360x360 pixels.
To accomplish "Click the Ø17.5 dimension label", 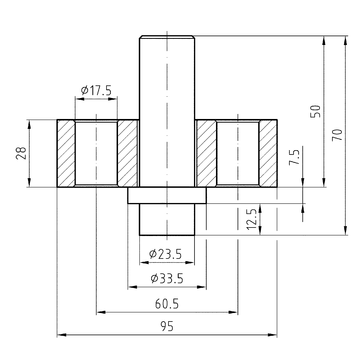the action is click(96, 90).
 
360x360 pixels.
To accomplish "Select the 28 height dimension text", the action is click(21, 153).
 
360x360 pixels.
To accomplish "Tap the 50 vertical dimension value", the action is click(315, 111).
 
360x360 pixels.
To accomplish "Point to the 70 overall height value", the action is click(337, 134).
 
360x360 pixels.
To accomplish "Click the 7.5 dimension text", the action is click(295, 156).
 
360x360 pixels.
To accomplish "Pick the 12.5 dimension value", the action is click(252, 219).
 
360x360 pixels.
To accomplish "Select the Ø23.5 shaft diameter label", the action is click(165, 254).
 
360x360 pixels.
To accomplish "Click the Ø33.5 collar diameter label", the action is click(167, 278).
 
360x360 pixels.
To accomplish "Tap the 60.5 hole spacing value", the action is click(167, 304).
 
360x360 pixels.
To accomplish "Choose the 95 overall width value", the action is click(167, 326).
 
